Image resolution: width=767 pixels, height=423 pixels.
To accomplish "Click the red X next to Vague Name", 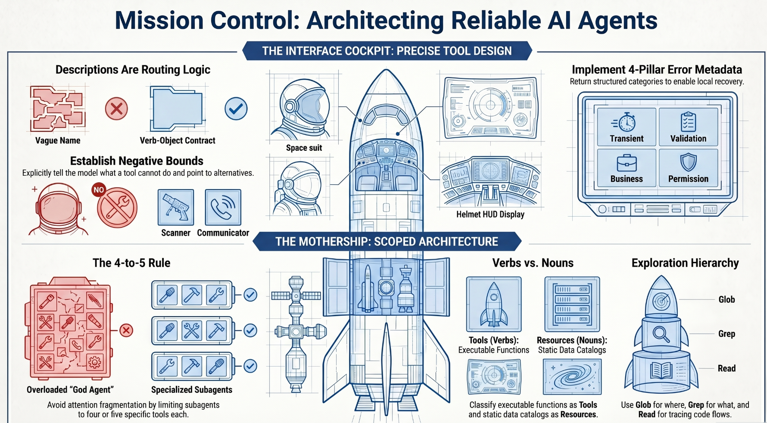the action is click(116, 109).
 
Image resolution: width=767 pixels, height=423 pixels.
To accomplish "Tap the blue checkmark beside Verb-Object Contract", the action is click(236, 109).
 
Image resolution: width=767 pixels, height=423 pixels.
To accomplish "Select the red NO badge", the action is click(99, 190).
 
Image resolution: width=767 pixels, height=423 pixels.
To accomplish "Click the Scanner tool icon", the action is click(176, 207).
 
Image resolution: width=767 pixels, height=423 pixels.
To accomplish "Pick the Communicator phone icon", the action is click(223, 207).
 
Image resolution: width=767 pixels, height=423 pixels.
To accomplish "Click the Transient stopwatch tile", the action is click(627, 127).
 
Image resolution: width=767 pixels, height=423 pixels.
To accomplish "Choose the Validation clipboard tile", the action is click(688, 127).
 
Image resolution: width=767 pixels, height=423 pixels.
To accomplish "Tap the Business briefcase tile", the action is click(627, 168).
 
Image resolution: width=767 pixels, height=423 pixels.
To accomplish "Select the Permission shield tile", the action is click(688, 168).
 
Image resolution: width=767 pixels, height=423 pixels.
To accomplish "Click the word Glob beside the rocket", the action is click(726, 299).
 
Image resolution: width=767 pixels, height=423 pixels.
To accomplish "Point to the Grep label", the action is click(726, 334).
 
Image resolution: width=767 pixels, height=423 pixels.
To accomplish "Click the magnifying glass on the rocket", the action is click(661, 334).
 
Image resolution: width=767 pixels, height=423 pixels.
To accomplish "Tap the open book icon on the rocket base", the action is click(661, 370).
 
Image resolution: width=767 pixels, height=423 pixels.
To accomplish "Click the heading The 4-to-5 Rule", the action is click(131, 263).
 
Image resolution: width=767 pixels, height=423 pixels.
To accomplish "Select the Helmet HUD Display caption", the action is click(490, 214).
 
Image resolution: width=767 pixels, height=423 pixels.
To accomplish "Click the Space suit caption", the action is click(304, 148).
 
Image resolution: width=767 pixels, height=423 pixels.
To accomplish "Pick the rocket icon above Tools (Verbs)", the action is click(494, 305).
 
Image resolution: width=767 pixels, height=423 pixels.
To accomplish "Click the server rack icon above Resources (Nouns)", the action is click(572, 305).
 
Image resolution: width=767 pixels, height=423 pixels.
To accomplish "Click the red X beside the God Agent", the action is click(126, 330).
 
